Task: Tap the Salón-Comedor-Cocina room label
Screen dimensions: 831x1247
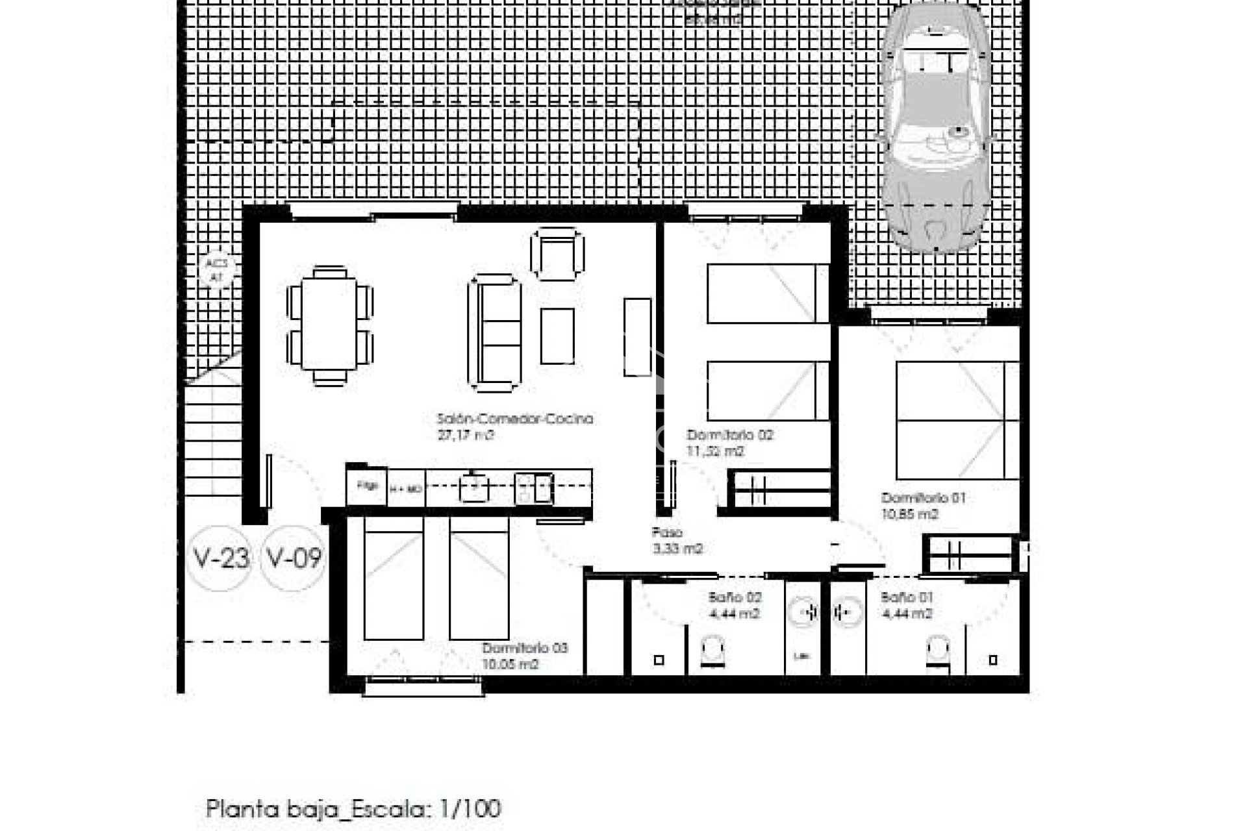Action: point(515,419)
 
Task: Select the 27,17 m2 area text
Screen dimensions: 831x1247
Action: point(466,436)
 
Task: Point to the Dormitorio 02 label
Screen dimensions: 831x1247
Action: point(730,435)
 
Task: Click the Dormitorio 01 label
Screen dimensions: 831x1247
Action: point(923,499)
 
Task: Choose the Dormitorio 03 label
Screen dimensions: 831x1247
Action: point(525,648)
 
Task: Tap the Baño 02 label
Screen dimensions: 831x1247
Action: point(735,597)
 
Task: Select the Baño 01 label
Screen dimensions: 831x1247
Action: point(907,597)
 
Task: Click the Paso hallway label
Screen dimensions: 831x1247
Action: point(666,533)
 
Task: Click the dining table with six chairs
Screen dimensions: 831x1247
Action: point(330,326)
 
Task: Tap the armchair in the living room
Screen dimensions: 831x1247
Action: point(557,254)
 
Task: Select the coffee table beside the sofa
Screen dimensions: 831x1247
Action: point(557,336)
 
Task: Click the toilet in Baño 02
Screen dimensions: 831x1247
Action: point(713,651)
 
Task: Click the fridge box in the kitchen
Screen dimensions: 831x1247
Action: point(368,486)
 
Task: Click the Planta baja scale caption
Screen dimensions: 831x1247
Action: point(353,809)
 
